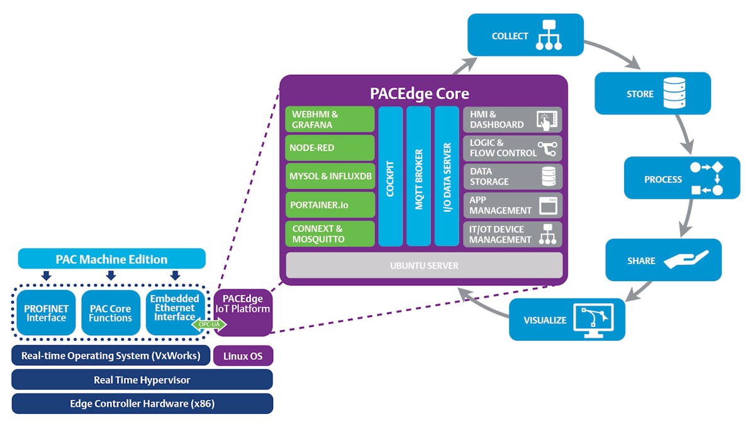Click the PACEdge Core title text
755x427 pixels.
pos(419,94)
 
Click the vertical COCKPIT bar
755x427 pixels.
pos(390,176)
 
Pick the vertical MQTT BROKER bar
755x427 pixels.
pos(418,176)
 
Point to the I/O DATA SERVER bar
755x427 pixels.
pos(447,176)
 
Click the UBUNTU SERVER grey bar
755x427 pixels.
pos(424,265)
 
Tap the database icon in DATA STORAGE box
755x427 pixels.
pos(549,177)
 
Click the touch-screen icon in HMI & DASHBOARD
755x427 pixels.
pos(546,119)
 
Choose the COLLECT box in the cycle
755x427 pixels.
pos(525,35)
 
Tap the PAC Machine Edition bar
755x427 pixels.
pos(111,259)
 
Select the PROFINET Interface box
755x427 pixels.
pos(45,313)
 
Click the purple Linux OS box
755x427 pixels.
pos(243,356)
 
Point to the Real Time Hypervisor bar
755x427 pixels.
pos(142,380)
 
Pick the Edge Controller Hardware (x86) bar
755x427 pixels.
pos(142,404)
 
